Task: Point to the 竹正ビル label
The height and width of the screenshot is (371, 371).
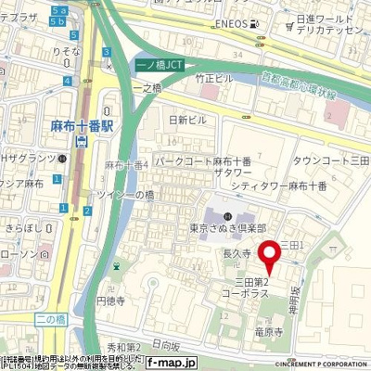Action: tap(214, 80)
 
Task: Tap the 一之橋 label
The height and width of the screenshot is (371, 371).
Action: tap(147, 88)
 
